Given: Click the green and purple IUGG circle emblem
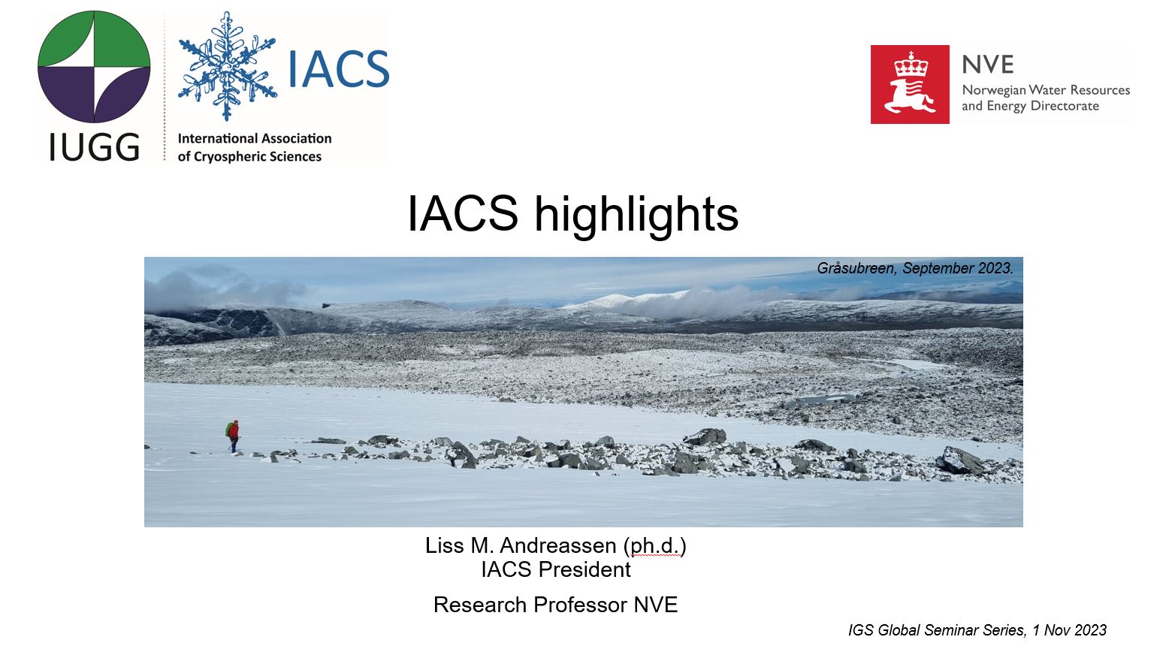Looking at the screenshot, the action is click(x=94, y=67).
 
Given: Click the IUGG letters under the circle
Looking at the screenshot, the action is click(x=94, y=147).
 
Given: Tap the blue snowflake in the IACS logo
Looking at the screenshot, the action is click(x=227, y=66).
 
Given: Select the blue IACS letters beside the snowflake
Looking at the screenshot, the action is click(x=338, y=69).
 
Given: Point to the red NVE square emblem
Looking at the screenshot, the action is click(x=910, y=84).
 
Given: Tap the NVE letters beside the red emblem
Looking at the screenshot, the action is click(x=987, y=65).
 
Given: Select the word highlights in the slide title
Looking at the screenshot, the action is click(x=636, y=214).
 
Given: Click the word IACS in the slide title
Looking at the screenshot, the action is click(x=463, y=213).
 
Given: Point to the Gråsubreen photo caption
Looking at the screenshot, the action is click(x=915, y=268).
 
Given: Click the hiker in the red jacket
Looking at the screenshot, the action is click(x=234, y=436).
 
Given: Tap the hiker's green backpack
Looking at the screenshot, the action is click(x=228, y=430).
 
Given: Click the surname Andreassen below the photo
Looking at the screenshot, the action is click(x=558, y=546).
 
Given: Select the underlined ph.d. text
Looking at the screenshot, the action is click(x=655, y=546).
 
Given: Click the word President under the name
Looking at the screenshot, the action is click(x=585, y=569).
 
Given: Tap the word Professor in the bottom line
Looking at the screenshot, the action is click(x=581, y=605).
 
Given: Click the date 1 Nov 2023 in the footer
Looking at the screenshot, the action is click(x=1069, y=630).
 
